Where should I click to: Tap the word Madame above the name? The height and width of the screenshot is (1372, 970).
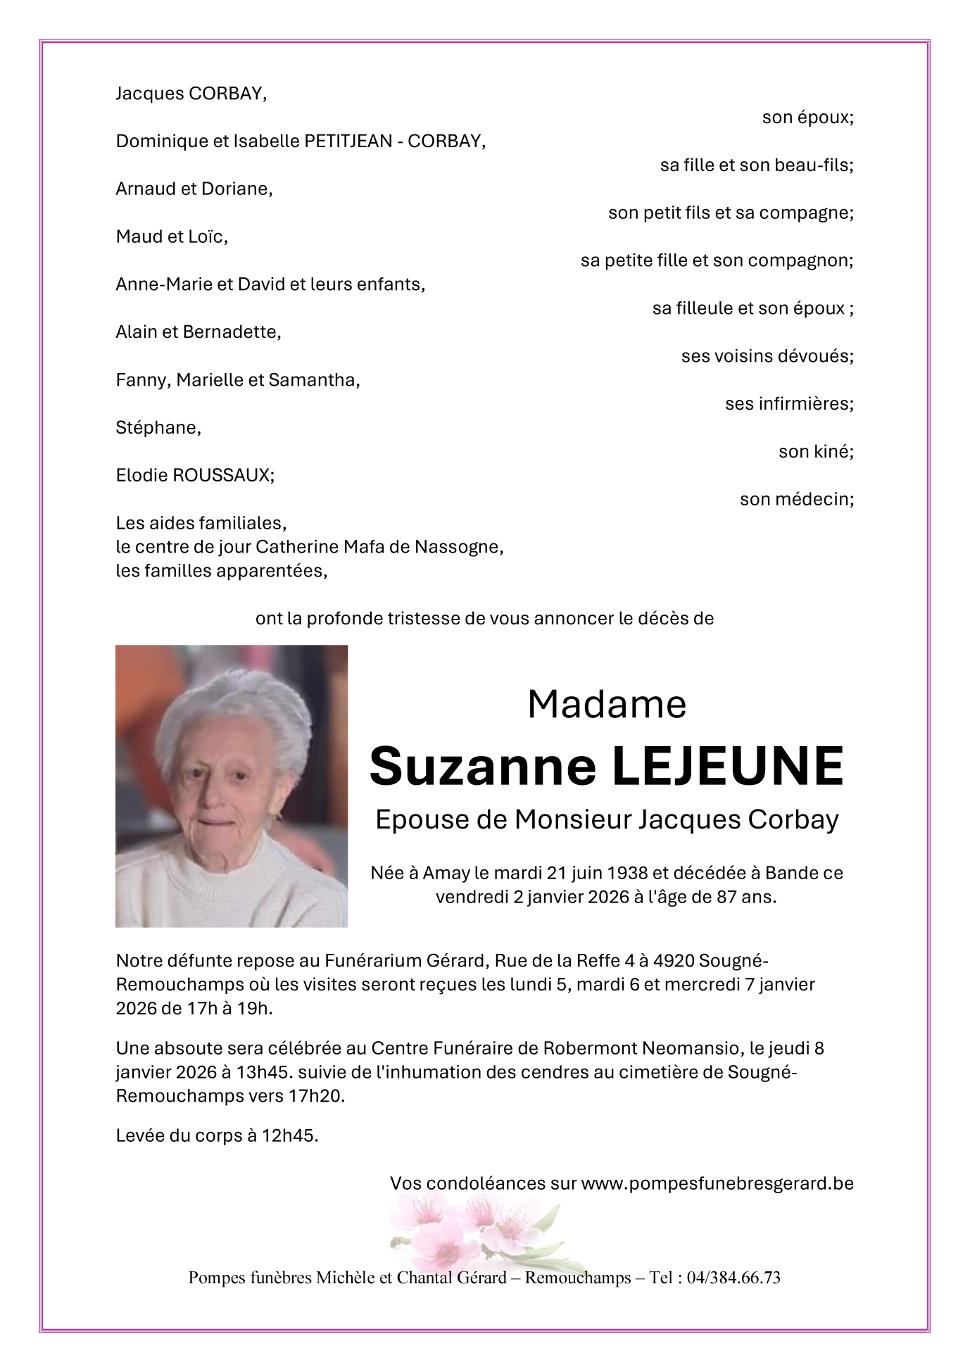point(607,704)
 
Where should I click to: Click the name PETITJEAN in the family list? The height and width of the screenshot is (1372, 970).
point(348,141)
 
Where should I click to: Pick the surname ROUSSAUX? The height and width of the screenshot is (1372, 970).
point(222,475)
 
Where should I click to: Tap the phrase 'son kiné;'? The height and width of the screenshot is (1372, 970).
point(816,452)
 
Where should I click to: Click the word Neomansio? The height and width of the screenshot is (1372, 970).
point(693,1049)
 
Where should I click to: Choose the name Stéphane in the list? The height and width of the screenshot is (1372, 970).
point(158,428)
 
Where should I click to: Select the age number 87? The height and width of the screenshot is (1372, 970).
point(736,898)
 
